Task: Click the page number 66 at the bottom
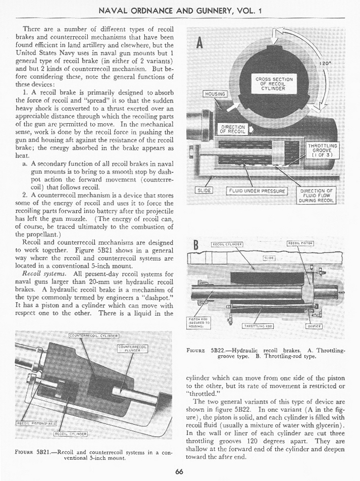pyautogui.click(x=179, y=472)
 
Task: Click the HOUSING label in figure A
pyautogui.click(x=214, y=94)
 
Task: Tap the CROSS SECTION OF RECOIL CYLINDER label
pyautogui.click(x=274, y=84)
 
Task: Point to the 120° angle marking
pyautogui.click(x=326, y=64)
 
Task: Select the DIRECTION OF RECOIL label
pyautogui.click(x=232, y=130)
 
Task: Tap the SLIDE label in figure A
pyautogui.click(x=204, y=190)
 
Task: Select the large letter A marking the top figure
pyautogui.click(x=199, y=43)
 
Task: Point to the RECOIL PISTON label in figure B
pyautogui.click(x=300, y=244)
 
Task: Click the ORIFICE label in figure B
pyautogui.click(x=315, y=326)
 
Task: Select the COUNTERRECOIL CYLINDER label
pyautogui.click(x=93, y=335)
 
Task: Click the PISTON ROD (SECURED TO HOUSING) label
pyautogui.click(x=201, y=323)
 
